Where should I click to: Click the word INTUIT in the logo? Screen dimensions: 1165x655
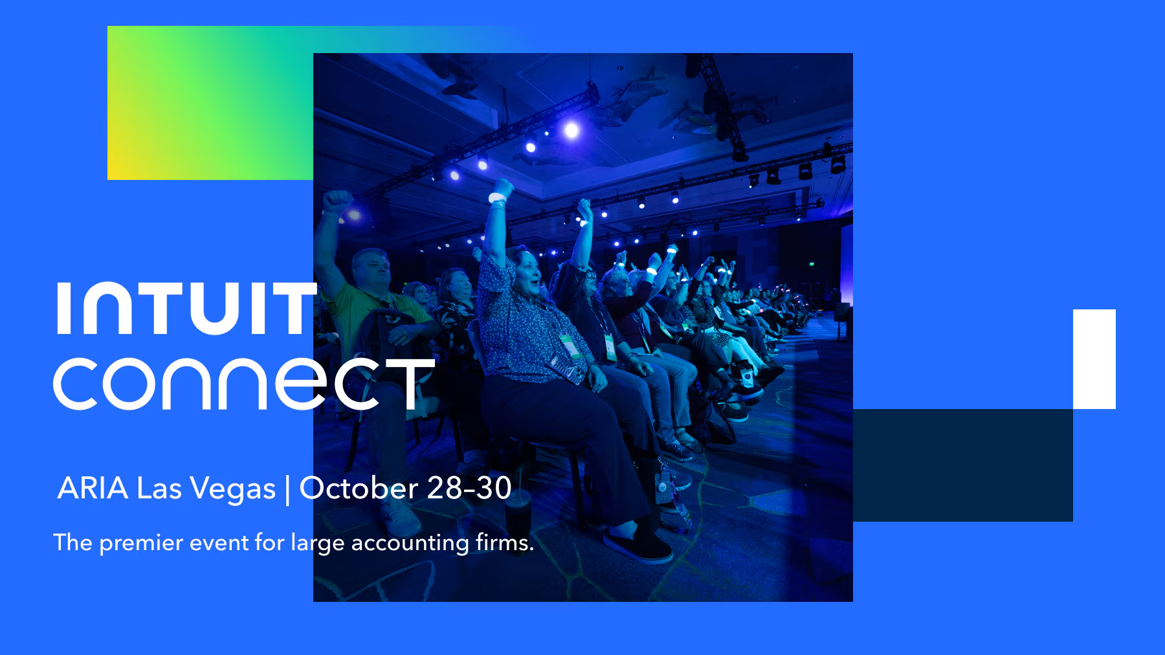187,308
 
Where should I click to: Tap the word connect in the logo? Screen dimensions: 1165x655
244,384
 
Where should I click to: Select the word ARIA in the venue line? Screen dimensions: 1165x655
93,488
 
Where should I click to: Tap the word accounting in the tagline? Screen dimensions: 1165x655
410,543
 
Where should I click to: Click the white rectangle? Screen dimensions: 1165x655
1094,359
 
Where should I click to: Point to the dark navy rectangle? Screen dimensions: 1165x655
963,465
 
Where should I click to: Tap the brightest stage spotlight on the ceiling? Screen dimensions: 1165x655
571,130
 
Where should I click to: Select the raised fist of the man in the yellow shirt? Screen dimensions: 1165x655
337,201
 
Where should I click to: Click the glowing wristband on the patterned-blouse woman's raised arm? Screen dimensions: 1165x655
497,197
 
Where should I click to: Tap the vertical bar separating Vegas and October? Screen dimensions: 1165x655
288,490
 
